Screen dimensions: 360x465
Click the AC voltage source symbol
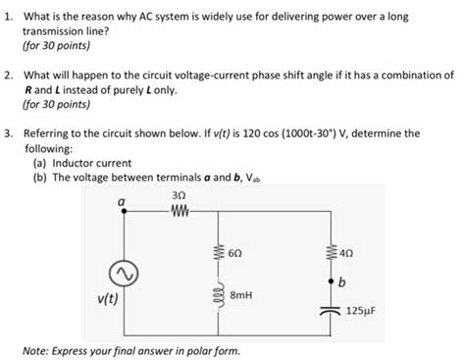click(x=123, y=271)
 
